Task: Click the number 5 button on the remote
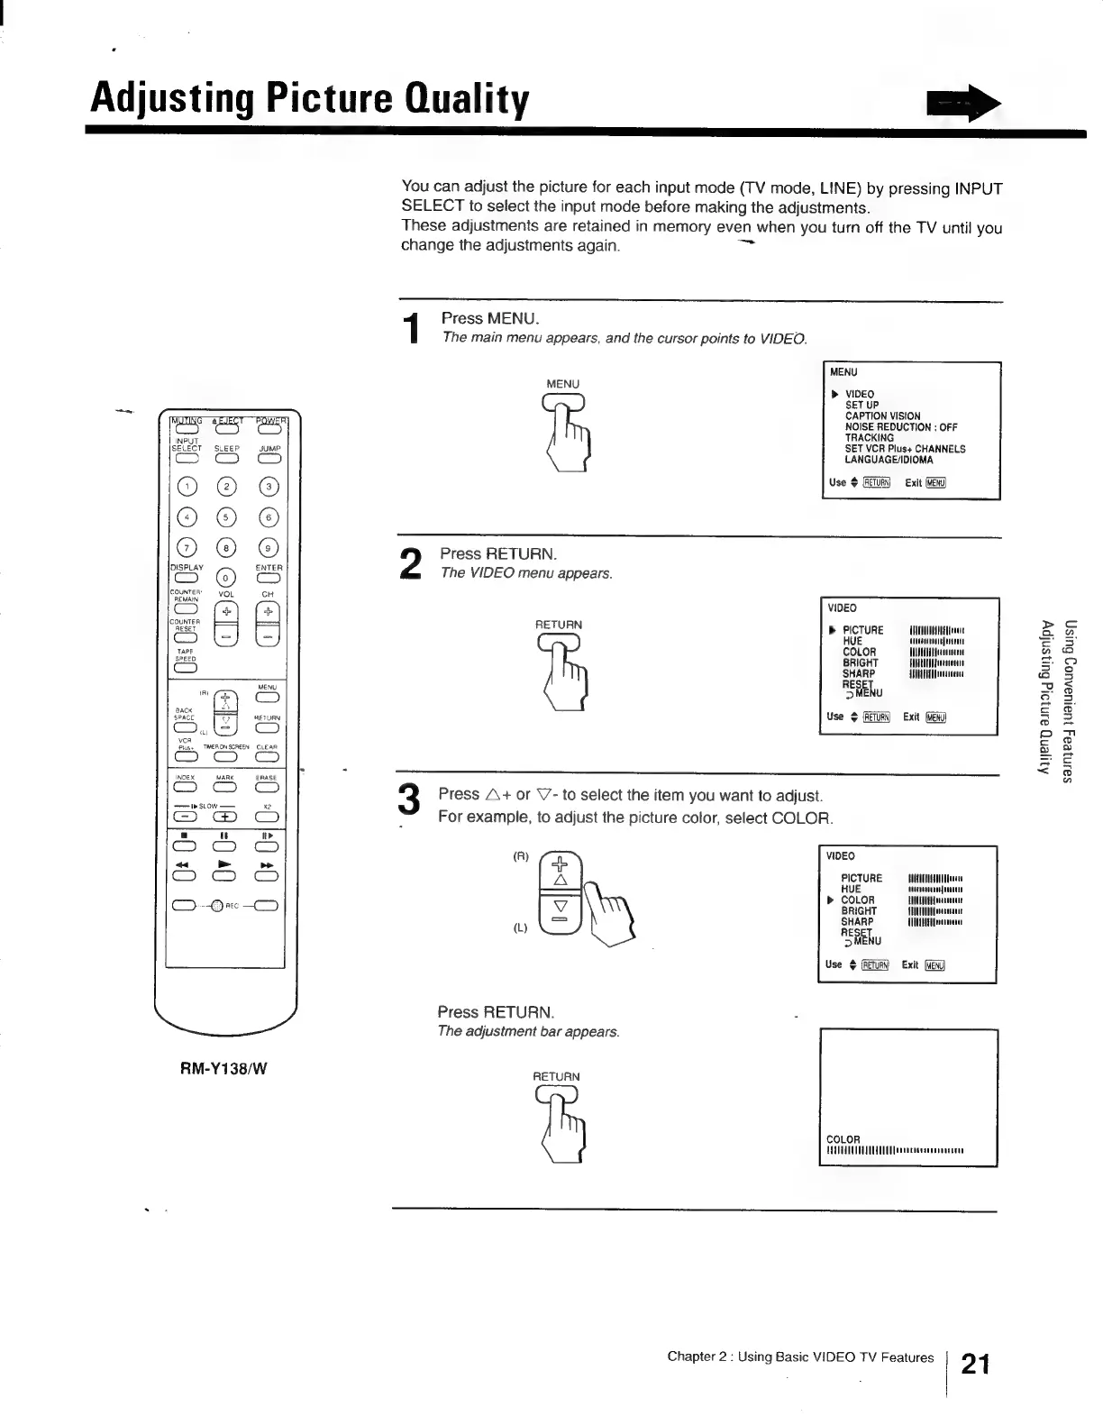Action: tap(227, 517)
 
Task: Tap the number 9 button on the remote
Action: tap(269, 548)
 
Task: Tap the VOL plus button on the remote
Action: tap(227, 611)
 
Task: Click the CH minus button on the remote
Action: tap(269, 636)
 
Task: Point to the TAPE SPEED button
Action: tap(186, 668)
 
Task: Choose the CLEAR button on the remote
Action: tap(268, 756)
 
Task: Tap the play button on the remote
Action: tap(226, 875)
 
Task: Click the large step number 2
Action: tap(410, 564)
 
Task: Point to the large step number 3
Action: tap(409, 801)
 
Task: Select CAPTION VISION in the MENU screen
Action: tap(882, 416)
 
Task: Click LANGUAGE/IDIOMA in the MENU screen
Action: tap(889, 460)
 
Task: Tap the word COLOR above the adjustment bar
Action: tap(843, 1139)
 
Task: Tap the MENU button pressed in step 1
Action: tap(563, 403)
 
